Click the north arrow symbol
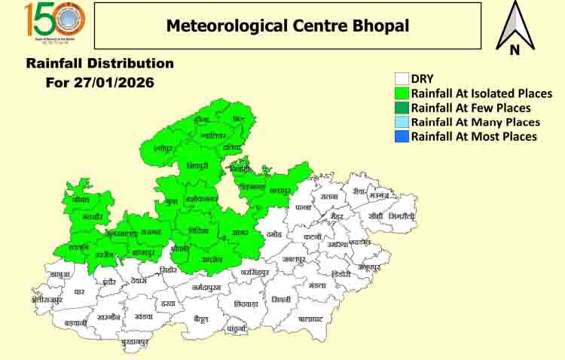(515, 28)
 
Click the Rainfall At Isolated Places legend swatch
(402, 93)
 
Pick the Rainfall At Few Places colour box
(402, 108)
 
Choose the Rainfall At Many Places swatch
(402, 122)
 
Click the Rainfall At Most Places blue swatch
(402, 136)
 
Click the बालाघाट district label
(310, 319)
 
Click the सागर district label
(240, 233)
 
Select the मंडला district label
(317, 285)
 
